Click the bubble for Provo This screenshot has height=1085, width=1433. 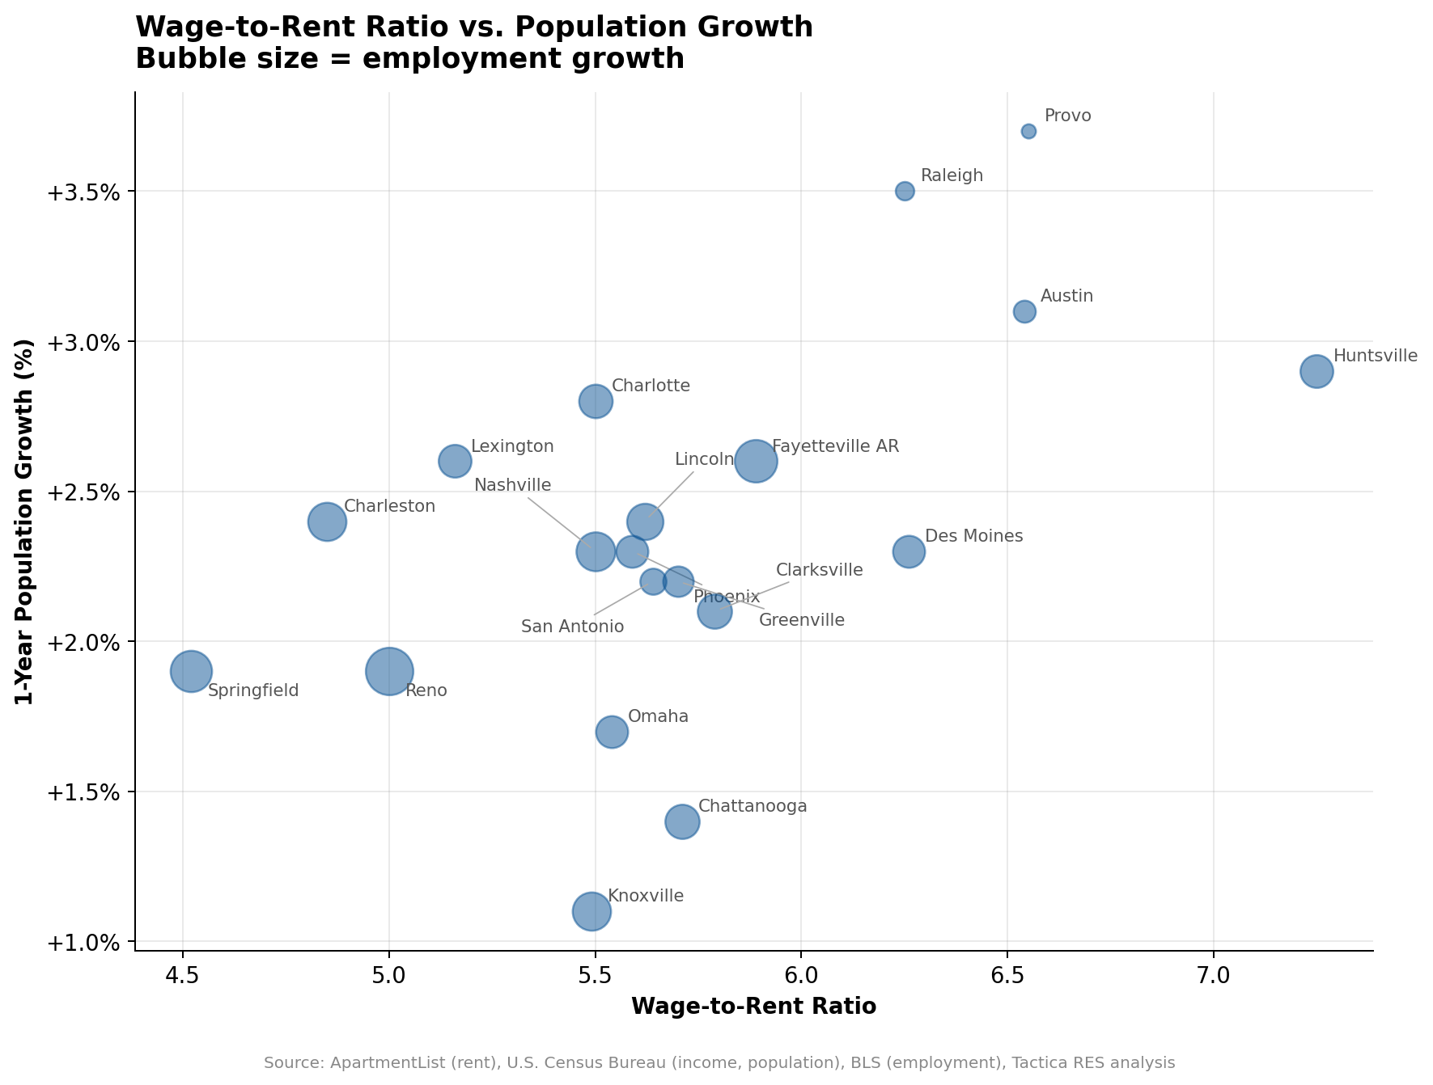[1028, 132]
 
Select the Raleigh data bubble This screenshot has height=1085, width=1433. [905, 192]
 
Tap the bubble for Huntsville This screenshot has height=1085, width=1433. [1316, 372]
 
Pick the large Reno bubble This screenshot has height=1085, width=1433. [389, 671]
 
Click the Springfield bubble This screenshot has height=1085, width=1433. [191, 671]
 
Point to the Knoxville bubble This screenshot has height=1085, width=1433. [591, 911]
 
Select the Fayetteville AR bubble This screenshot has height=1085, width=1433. [756, 462]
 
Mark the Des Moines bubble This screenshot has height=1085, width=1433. [909, 552]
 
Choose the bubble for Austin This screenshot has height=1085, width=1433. [1024, 312]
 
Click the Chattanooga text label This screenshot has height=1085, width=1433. [752, 806]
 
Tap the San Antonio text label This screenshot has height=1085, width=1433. [572, 627]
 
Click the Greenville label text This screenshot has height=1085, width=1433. [801, 621]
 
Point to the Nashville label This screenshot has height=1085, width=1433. [512, 485]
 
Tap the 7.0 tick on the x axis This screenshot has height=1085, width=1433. [1213, 975]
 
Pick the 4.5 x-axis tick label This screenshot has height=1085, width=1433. [183, 975]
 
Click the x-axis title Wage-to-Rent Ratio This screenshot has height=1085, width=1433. [753, 1007]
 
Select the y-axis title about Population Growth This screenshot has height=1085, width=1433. [25, 521]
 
